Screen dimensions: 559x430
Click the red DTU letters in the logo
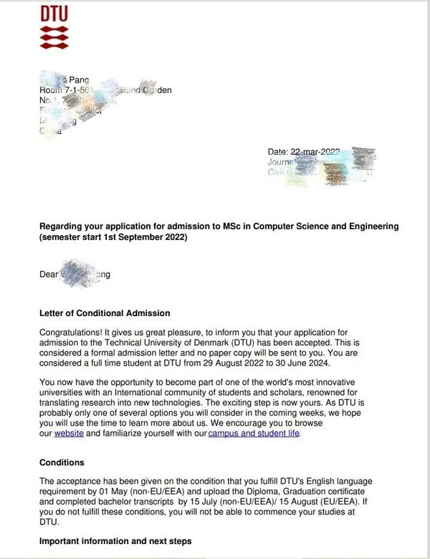coord(55,14)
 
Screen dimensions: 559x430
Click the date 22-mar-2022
coord(315,152)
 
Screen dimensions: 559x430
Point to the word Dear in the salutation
coord(49,274)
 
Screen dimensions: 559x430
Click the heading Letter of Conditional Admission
coord(104,313)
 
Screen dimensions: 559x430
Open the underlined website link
coord(69,434)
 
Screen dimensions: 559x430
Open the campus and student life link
coord(254,434)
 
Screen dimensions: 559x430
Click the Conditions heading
coord(62,462)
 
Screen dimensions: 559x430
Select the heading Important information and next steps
coord(115,541)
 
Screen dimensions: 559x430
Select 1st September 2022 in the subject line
coord(143,237)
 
